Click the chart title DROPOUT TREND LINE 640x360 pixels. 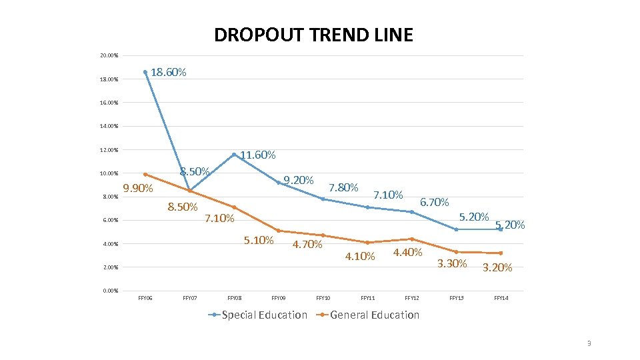313,35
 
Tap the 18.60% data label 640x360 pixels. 169,72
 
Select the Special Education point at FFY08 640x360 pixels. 234,155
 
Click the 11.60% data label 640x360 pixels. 257,155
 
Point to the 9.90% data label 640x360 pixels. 138,189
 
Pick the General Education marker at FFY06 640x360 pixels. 145,175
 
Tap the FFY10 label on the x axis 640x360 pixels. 323,298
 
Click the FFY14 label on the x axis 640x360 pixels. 501,298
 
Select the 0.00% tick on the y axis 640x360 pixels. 109,291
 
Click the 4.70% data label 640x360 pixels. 307,244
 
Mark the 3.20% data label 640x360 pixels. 497,268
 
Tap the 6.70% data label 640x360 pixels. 435,202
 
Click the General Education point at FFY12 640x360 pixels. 412,239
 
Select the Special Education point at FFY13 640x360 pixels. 456,229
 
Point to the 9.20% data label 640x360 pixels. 298,180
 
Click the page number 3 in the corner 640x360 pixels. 589,343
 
